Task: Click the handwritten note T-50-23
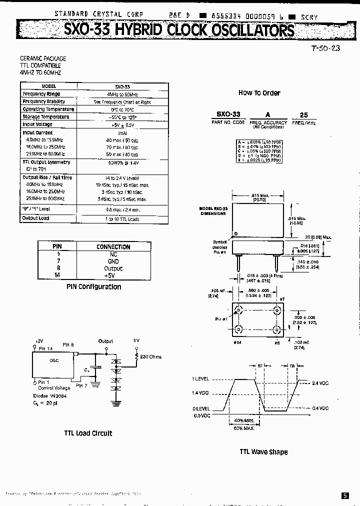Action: pos(325,48)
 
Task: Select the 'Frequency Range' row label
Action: pos(41,94)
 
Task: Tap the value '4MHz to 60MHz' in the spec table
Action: pos(122,94)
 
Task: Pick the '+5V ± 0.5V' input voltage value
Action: pos(122,124)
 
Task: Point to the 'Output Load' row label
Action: pos(35,218)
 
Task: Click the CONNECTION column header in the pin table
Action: pos(113,246)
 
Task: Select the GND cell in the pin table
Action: pos(113,261)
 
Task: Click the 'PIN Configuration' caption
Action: pos(93,287)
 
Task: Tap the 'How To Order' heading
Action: pos(259,93)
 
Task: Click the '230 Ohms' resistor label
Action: pos(152,356)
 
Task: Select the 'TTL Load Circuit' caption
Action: pos(88,433)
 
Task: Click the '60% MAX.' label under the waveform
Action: pos(244,428)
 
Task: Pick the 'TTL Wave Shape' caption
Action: pos(263,452)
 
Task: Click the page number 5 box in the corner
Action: pos(345,495)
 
